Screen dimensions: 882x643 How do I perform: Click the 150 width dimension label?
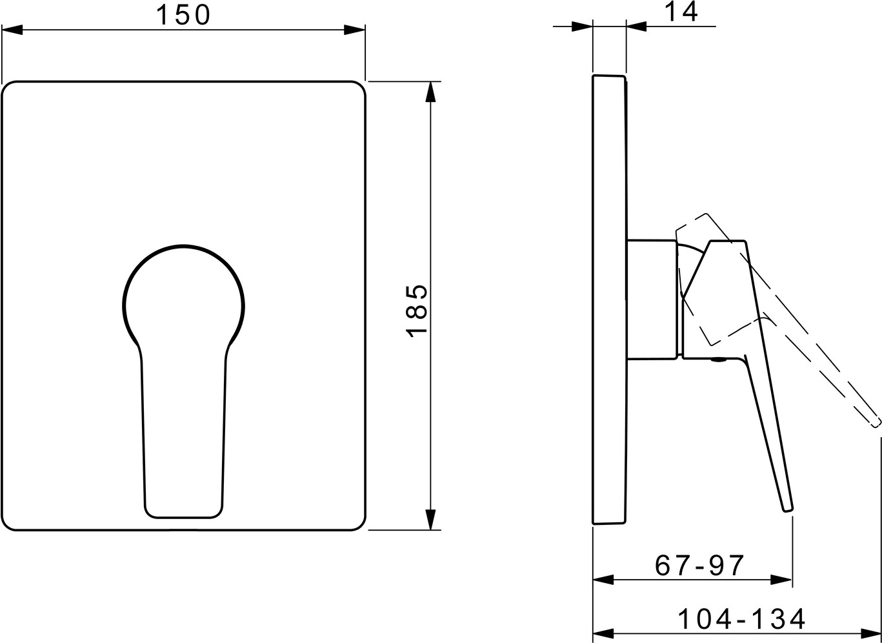[183, 15]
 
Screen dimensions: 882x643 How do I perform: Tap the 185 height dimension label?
[416, 311]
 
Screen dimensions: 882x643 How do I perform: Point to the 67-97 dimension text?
[699, 566]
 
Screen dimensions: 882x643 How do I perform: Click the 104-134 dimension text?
[741, 619]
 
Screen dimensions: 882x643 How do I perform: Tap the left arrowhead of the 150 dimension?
[12, 30]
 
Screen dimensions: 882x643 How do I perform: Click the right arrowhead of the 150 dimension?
[354, 30]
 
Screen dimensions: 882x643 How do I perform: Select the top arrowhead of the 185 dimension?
[431, 92]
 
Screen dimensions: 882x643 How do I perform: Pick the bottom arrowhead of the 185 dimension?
[431, 519]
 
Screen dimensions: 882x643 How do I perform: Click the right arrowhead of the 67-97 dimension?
[781, 580]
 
